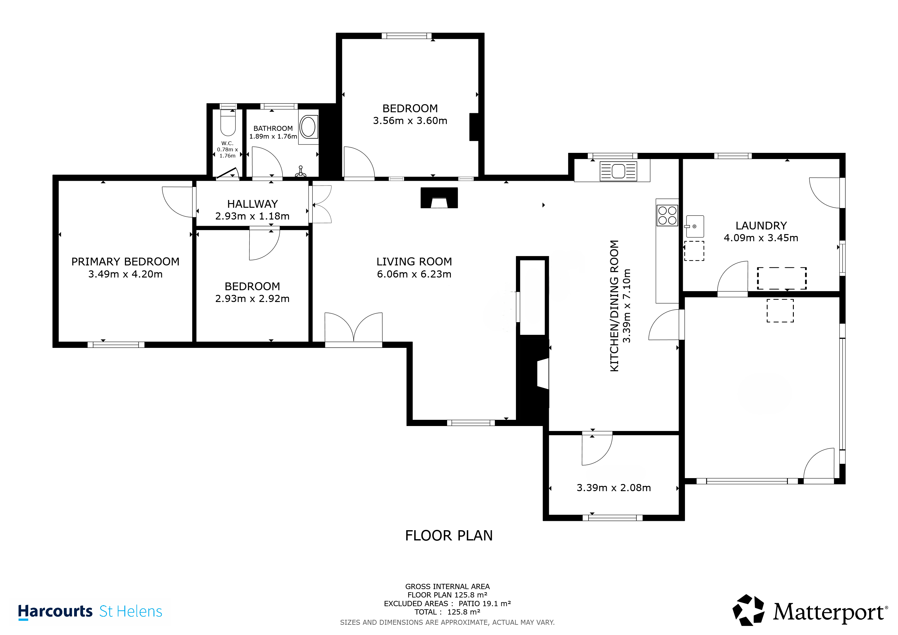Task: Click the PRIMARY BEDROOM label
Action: click(125, 262)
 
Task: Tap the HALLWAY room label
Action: click(252, 204)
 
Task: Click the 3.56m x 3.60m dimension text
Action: click(410, 121)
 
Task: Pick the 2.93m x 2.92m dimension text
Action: click(252, 299)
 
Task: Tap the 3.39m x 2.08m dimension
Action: click(614, 488)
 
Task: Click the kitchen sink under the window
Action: click(618, 171)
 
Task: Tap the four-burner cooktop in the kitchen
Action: click(667, 215)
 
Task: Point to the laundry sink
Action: click(695, 226)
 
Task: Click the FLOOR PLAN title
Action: click(449, 536)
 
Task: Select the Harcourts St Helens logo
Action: click(90, 611)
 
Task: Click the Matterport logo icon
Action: click(748, 610)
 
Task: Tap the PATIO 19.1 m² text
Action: click(485, 604)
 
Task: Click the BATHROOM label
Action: click(273, 129)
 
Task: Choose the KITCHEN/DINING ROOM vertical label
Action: click(615, 306)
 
